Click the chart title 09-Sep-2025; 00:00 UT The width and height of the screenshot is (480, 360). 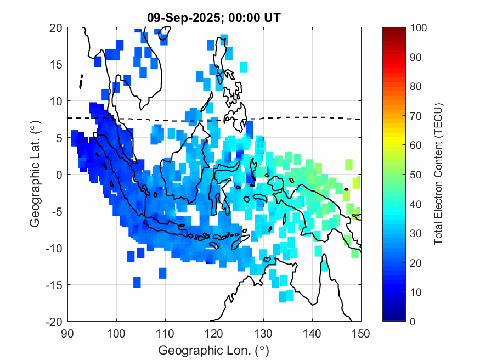click(214, 18)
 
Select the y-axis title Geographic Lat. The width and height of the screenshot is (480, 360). click(35, 174)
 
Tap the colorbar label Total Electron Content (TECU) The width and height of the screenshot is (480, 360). click(438, 174)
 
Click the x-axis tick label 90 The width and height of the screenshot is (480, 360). click(67, 333)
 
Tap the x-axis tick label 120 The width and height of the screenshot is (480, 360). click(214, 333)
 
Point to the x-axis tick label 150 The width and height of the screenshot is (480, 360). click(361, 333)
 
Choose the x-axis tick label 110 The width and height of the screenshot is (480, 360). click(165, 333)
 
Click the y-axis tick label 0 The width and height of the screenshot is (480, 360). click(59, 175)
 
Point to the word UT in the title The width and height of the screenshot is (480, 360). click(273, 18)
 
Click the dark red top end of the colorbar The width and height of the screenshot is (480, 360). click(393, 30)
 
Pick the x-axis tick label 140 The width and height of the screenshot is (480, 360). click(312, 333)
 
